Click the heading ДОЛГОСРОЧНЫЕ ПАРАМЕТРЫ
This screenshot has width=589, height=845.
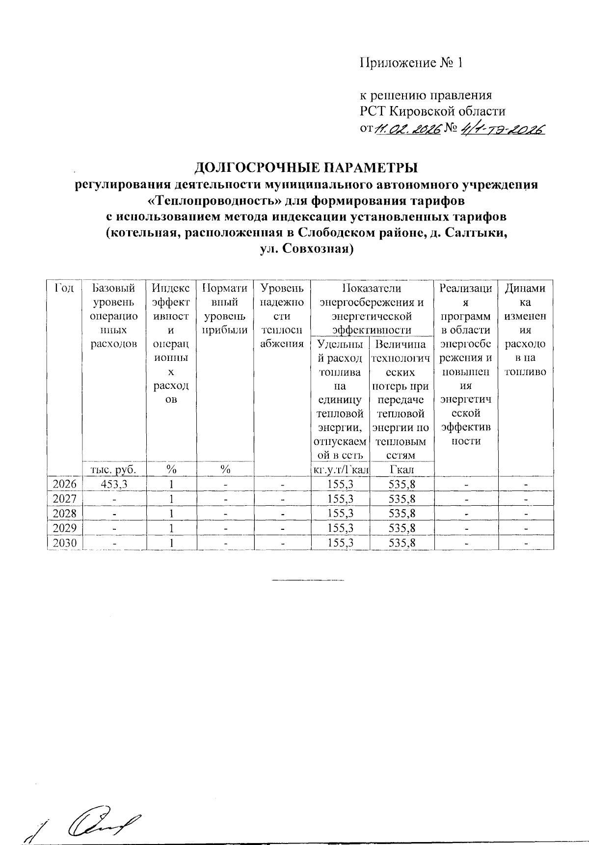click(306, 168)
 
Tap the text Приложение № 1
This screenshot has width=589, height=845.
click(411, 63)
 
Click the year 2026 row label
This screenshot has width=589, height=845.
click(65, 485)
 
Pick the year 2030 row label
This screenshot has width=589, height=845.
click(65, 543)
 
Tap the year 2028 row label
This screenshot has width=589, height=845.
click(65, 514)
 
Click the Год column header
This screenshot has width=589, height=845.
click(65, 288)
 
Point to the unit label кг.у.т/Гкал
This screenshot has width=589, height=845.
click(341, 469)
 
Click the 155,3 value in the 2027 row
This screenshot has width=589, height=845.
click(341, 499)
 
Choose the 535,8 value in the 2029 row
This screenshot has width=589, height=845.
click(402, 528)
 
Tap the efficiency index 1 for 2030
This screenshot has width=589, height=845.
click(171, 543)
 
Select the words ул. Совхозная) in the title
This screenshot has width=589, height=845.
click(307, 248)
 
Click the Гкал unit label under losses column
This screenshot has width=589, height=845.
click(402, 469)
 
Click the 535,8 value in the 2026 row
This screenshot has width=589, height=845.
click(402, 485)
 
